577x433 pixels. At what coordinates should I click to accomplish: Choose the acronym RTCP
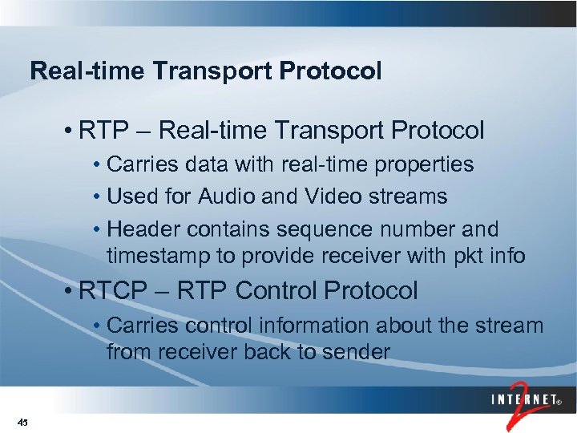pos(113,291)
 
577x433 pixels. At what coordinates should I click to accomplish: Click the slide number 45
pos(22,422)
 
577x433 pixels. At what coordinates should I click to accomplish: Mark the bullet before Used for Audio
pos(96,196)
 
